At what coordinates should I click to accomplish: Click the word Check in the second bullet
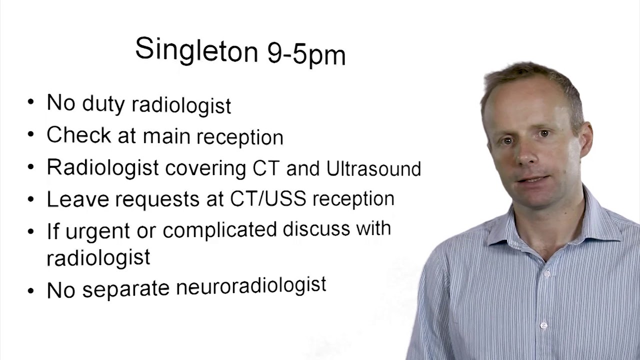(x=78, y=135)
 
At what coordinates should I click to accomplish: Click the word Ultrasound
(x=373, y=168)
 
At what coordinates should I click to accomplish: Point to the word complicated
(x=219, y=230)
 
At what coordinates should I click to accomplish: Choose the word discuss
(x=316, y=228)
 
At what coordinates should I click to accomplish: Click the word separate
(x=125, y=289)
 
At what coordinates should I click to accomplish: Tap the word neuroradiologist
(x=251, y=286)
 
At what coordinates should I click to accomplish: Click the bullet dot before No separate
(x=31, y=290)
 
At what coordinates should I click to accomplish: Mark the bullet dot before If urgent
(x=31, y=231)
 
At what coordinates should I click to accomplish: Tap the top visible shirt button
(x=546, y=274)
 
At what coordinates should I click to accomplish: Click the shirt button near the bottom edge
(x=543, y=325)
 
